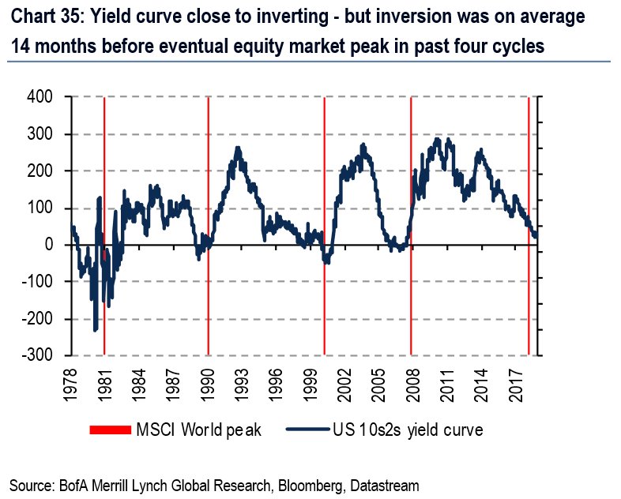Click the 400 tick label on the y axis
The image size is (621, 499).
coord(39,97)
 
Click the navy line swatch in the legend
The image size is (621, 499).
coord(306,430)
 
